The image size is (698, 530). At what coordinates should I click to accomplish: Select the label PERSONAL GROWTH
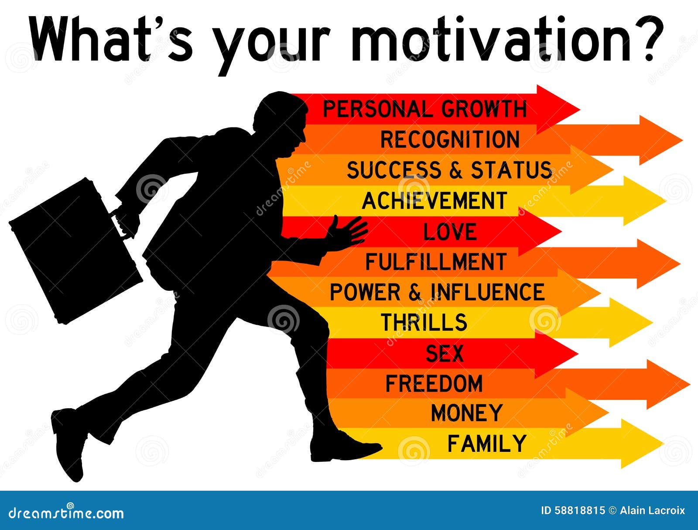click(x=424, y=109)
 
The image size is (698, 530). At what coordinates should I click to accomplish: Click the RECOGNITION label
click(x=450, y=140)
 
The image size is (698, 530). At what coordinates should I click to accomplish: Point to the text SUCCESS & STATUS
click(x=449, y=170)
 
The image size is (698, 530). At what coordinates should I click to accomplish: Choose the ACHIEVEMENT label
click(x=434, y=201)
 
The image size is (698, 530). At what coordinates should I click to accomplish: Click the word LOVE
click(x=450, y=232)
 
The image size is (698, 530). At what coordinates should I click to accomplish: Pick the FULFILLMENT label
click(x=435, y=262)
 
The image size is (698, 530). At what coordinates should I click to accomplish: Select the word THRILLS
click(x=424, y=323)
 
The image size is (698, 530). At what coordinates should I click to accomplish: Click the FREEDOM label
click(x=434, y=384)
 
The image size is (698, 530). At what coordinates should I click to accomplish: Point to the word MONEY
click(x=466, y=413)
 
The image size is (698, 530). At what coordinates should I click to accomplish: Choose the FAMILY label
click(x=487, y=444)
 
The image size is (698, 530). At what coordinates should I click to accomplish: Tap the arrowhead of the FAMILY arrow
click(x=641, y=444)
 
